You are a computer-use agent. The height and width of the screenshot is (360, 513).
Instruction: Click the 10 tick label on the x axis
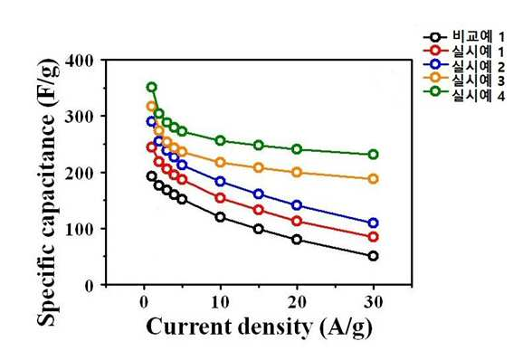[x=220, y=302]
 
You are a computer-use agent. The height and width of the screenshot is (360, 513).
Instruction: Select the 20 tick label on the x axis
[x=297, y=302]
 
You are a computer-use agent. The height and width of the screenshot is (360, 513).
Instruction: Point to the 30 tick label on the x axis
[x=374, y=302]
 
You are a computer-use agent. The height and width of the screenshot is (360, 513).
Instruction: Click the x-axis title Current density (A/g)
[x=260, y=327]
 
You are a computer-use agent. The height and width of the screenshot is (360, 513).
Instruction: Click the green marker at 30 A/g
[x=374, y=155]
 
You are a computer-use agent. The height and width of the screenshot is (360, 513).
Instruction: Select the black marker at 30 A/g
[x=374, y=256]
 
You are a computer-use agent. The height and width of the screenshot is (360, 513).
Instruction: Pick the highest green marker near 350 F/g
[x=151, y=87]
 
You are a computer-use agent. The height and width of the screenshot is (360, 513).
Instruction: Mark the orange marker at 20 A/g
[x=297, y=172]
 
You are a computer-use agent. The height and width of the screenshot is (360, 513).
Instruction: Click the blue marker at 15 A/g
[x=259, y=194]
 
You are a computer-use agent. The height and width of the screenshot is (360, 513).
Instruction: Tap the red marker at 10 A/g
[x=220, y=198]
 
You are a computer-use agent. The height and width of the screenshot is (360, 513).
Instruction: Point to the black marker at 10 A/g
[x=220, y=217]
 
